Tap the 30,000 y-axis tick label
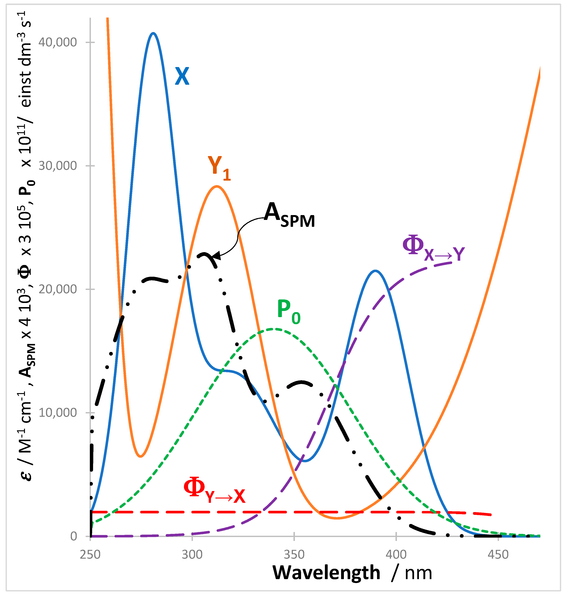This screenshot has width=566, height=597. pyautogui.click(x=58, y=166)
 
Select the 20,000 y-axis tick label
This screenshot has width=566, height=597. pyautogui.click(x=58, y=289)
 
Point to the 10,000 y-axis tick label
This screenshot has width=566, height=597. pyautogui.click(x=58, y=413)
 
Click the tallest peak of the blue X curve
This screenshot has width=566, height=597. pyautogui.click(x=154, y=33)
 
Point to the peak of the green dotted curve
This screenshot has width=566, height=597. pyautogui.click(x=273, y=329)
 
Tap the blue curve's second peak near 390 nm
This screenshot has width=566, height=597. pyautogui.click(x=375, y=271)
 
